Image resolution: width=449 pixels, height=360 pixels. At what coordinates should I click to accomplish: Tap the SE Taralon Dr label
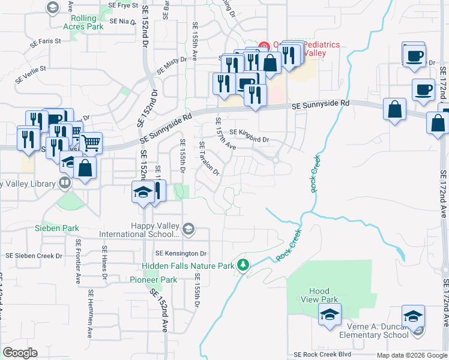pyautogui.click(x=209, y=158)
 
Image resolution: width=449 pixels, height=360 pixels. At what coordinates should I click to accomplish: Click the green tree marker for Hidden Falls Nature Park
pyautogui.click(x=243, y=265)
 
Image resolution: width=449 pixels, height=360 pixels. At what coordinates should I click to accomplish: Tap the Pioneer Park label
pyautogui.click(x=153, y=280)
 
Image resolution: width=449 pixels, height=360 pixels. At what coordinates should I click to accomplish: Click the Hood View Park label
pyautogui.click(x=321, y=295)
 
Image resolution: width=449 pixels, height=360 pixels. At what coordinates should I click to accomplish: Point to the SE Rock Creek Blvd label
pyautogui.click(x=324, y=355)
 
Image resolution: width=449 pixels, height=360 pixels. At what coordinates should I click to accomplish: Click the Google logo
pyautogui.click(x=20, y=353)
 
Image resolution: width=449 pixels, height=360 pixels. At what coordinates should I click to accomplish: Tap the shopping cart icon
pyautogui.click(x=91, y=143)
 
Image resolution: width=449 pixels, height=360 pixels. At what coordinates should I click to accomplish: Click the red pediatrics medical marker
pyautogui.click(x=263, y=46)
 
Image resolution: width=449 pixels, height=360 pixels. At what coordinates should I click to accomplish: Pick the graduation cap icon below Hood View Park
pyautogui.click(x=330, y=315)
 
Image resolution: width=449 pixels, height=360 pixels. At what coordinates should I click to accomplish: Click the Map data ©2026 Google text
pyautogui.click(x=411, y=355)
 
